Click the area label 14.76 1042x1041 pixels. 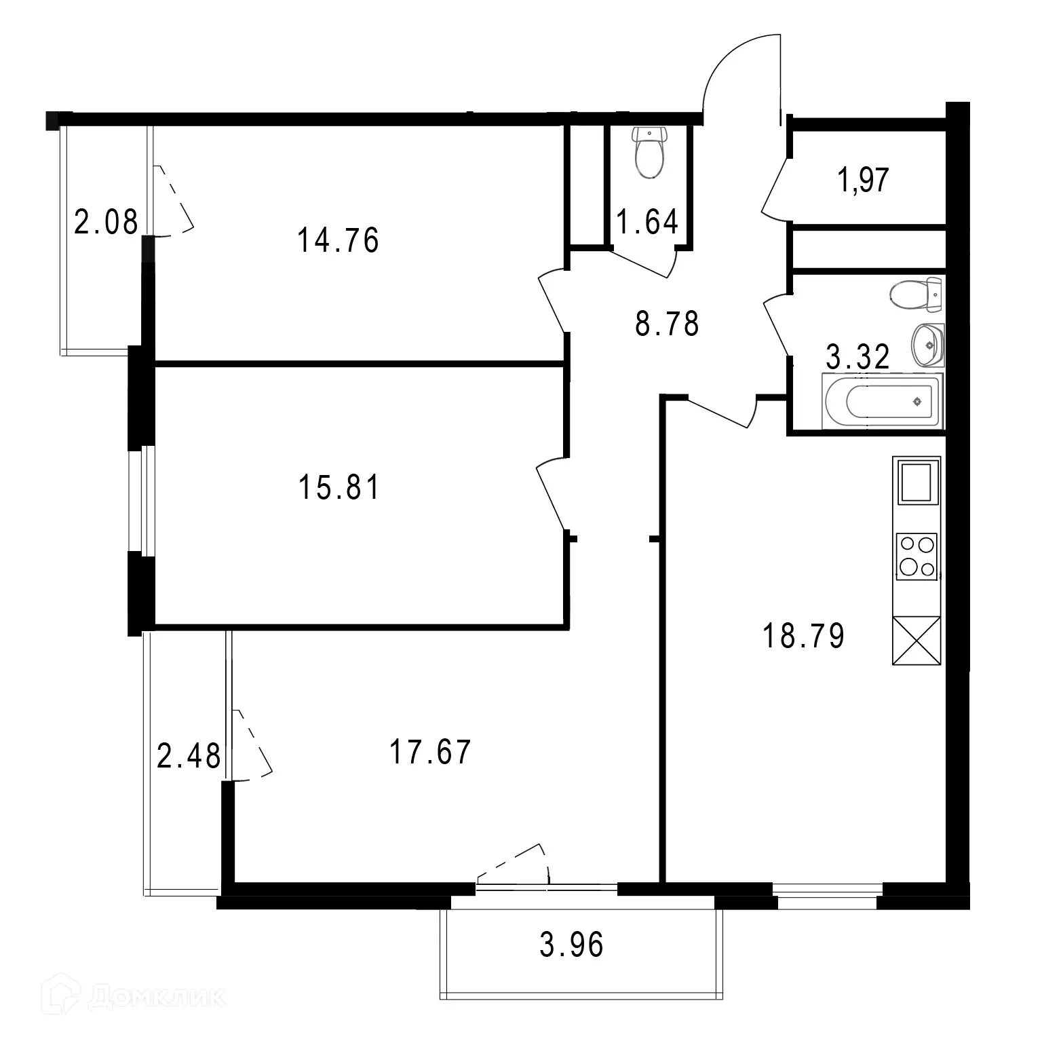[x=338, y=240]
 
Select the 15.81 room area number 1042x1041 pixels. [x=339, y=487]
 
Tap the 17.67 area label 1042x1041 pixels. [x=430, y=753]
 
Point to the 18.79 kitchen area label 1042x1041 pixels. [x=804, y=637]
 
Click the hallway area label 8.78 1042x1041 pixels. [x=667, y=324]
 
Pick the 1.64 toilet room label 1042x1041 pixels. [x=647, y=222]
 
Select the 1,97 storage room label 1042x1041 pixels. [x=864, y=181]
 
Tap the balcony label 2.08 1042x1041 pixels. [x=106, y=222]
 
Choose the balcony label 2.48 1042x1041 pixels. [x=189, y=757]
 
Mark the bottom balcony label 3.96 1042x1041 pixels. [x=571, y=945]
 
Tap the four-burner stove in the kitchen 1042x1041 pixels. [x=916, y=556]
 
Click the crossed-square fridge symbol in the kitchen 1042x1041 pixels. [x=916, y=640]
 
